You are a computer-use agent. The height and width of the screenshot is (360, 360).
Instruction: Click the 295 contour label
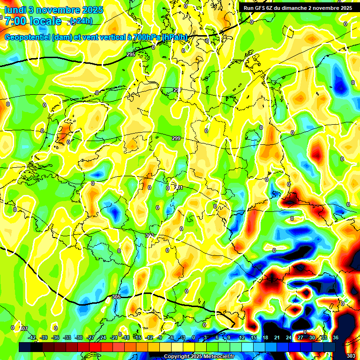pos(131,55)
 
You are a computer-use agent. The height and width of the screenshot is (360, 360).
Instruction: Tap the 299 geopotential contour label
pos(176,138)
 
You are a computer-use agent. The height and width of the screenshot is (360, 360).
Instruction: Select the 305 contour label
pos(117,297)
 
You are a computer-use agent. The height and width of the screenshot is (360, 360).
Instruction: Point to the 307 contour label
pos(24,329)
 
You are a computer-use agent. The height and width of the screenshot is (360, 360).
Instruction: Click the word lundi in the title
pos(16,9)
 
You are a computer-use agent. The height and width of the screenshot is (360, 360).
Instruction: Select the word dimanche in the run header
pos(302,8)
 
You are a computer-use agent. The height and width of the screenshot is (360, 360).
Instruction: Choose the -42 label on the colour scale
pos(32,337)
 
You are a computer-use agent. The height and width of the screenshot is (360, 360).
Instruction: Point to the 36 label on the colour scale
pos(336,337)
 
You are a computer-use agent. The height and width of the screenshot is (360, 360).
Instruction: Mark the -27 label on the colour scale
pos(90,337)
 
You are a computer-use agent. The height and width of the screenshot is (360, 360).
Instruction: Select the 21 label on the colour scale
pos(277,337)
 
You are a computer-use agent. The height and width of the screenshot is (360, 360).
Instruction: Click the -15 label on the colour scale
pos(137,337)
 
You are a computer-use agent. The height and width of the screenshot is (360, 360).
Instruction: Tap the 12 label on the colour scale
pos(242,337)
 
